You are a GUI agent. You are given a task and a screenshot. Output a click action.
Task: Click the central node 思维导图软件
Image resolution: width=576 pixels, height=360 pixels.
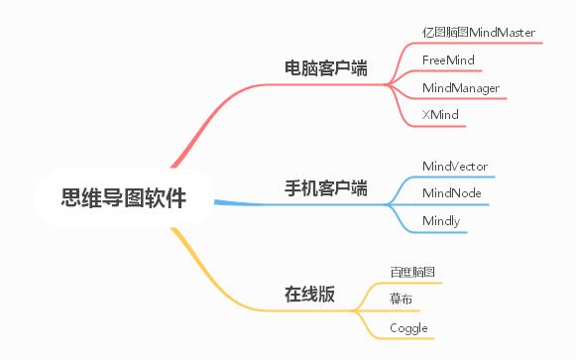tap(124, 198)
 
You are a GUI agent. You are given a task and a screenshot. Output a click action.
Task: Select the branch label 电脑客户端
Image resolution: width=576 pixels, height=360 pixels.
tap(326, 68)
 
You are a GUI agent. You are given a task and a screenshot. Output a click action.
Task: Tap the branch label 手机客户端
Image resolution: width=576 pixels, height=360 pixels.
tap(326, 187)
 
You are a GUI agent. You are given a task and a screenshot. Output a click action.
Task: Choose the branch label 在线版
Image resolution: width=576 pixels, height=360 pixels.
tap(309, 295)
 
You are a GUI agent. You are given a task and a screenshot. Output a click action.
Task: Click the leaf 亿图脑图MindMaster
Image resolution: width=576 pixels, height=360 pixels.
tap(479, 33)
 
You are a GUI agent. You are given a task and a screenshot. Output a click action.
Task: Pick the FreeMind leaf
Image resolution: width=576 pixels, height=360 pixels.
tap(448, 60)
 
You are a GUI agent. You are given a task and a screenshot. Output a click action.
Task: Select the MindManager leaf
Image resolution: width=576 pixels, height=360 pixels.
tap(460, 88)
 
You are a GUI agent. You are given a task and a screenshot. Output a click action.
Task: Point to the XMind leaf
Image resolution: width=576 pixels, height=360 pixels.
tap(440, 116)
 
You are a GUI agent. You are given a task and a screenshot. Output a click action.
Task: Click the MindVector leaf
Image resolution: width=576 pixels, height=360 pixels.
tap(455, 166)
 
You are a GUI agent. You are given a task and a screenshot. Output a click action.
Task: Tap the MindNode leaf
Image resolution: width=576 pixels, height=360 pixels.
tap(452, 192)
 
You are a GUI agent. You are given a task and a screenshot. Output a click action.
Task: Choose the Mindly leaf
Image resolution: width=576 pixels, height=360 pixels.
tap(441, 220)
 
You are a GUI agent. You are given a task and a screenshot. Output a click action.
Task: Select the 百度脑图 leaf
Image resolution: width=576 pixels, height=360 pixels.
tap(412, 272)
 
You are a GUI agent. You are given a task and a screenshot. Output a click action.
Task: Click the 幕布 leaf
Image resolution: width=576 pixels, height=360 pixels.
tap(402, 299)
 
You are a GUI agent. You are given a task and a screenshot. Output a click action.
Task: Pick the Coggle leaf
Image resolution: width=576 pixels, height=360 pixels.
tap(408, 327)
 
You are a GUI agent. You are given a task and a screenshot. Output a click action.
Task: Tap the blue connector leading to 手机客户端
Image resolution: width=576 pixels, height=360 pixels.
tap(238, 203)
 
